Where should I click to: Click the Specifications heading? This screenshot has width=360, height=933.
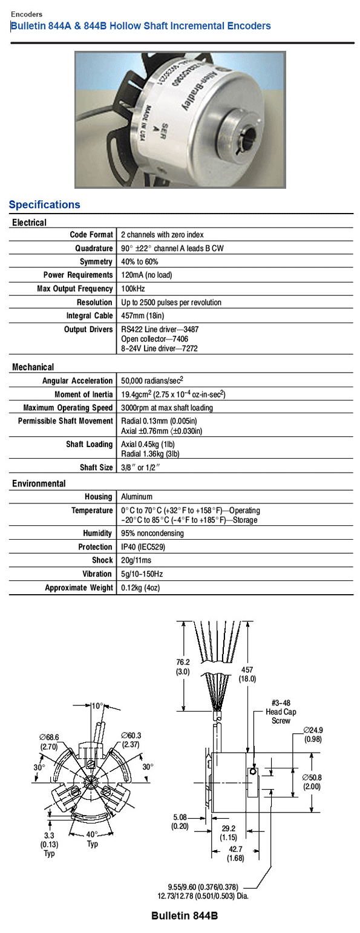(x=44, y=205)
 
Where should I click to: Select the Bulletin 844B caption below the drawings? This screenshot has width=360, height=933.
(x=184, y=917)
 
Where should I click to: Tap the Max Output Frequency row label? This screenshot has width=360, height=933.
(x=75, y=289)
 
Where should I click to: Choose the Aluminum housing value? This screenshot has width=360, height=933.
(x=137, y=497)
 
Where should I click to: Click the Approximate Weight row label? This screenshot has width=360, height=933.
(x=79, y=588)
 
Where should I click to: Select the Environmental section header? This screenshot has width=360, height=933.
(x=39, y=483)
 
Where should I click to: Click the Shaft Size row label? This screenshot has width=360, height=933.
(x=96, y=467)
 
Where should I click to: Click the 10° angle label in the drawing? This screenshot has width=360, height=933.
(x=97, y=705)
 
